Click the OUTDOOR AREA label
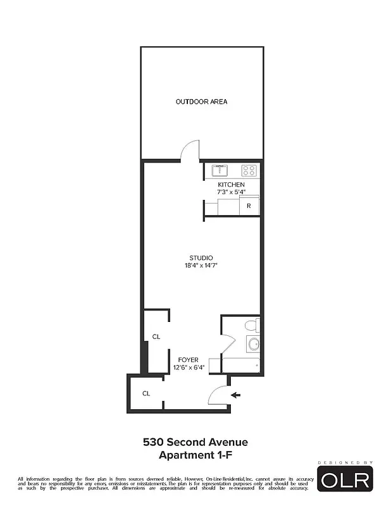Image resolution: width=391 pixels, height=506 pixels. pos(201,102)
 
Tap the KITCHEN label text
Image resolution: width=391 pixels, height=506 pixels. pos(231,185)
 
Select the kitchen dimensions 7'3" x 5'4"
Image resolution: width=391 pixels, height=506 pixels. pos(231,192)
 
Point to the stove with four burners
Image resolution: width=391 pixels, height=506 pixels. pos(249,170)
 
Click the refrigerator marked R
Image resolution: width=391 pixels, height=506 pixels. pos(249,206)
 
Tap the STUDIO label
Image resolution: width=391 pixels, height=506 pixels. pos(201,257)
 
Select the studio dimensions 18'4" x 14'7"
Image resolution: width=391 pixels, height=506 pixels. pos(201,265)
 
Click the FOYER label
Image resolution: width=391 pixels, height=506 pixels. pos(188,360)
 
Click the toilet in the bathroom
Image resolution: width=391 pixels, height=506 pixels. pos(251,326)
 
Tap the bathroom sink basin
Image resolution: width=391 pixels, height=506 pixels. pos(253,345)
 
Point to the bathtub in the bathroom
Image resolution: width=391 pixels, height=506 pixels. pos(240,365)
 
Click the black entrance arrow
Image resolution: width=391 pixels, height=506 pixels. pos(235,395)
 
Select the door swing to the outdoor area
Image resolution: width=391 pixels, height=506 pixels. pos(190,150)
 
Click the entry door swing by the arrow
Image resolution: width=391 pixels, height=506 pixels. pos(218,395)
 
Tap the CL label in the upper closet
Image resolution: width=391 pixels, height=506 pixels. pos(155,336)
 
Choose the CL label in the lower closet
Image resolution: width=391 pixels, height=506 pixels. pos(146,393)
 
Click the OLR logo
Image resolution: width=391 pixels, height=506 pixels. pos(345,480)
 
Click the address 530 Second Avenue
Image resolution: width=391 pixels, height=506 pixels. pos(195,442)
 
